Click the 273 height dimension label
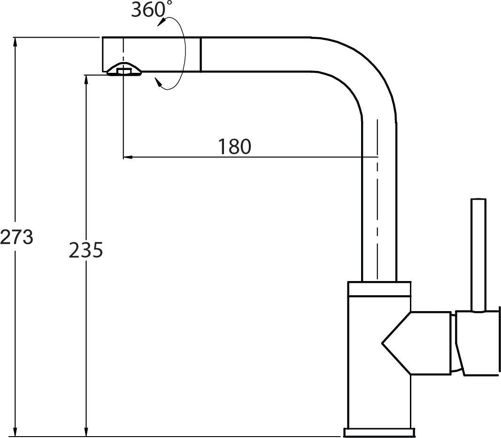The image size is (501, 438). pyautogui.click(x=16, y=237)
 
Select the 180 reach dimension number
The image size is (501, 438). pyautogui.click(x=234, y=147)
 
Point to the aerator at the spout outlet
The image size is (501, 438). pyautogui.click(x=124, y=70)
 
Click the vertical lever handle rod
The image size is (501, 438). pyautogui.click(x=478, y=255)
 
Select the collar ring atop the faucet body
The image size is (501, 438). pyautogui.click(x=379, y=289)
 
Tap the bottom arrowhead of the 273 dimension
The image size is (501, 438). pyautogui.click(x=15, y=431)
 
